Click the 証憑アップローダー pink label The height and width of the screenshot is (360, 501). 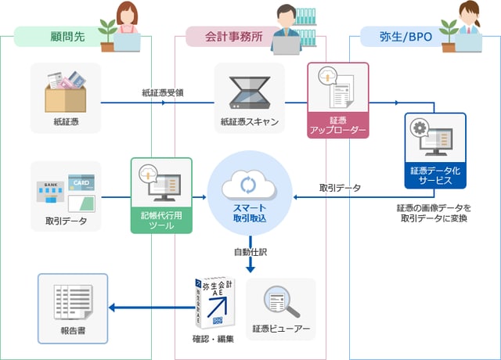tap(337, 126)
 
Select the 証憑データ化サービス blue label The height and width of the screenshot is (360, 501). tap(436, 174)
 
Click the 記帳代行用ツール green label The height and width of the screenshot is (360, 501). tap(161, 220)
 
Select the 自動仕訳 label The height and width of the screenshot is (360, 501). tap(250, 252)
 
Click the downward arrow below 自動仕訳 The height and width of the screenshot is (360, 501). tap(250, 267)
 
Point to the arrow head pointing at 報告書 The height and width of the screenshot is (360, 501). tap(112, 307)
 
